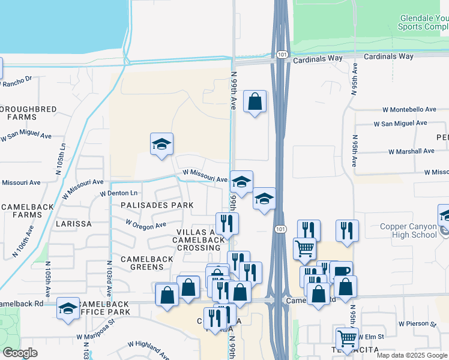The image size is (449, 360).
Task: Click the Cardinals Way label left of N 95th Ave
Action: pyautogui.click(x=318, y=58)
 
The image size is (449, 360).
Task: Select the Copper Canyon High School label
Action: pyautogui.click(x=408, y=230)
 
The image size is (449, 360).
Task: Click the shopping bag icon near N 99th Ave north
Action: pyautogui.click(x=255, y=102)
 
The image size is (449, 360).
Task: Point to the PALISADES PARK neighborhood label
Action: pyautogui.click(x=157, y=205)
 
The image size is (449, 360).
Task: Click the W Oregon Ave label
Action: pyautogui.click(x=145, y=224)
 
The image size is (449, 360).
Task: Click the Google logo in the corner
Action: pyautogui.click(x=20, y=353)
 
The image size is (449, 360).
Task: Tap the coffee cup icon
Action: pyautogui.click(x=341, y=271)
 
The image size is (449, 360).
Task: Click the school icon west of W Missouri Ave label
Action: pyautogui.click(x=161, y=144)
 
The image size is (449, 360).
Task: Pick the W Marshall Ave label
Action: pyautogui.click(x=411, y=151)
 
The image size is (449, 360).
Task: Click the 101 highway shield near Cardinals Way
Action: pyautogui.click(x=282, y=55)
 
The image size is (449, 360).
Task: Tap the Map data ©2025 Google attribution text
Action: pyautogui.click(x=411, y=355)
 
